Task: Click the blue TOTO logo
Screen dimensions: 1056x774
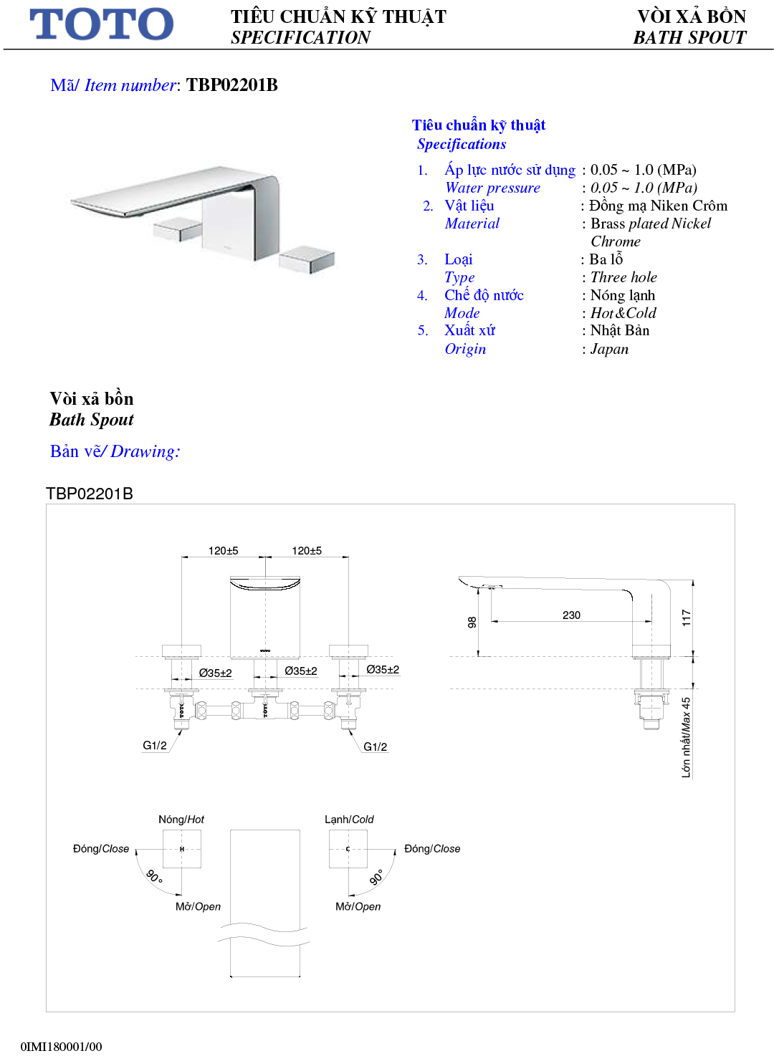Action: pos(101,24)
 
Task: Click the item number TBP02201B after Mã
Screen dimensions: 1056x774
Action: pos(231,85)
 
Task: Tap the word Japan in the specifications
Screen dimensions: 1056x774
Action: pos(609,349)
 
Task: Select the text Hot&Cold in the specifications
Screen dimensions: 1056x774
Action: pos(623,313)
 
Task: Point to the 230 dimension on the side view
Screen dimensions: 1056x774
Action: pos(571,615)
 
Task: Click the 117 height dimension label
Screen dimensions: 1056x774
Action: pos(686,618)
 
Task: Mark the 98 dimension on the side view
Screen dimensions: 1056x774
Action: pos(472,622)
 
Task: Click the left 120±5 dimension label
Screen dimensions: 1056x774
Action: pos(223,551)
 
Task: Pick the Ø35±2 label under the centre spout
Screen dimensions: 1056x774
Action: pos(300,671)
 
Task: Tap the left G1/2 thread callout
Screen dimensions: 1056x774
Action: pos(155,745)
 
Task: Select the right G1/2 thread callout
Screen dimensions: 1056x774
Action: pos(375,747)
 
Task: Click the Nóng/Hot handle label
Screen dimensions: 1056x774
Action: pos(181,820)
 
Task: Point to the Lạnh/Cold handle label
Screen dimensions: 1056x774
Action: pos(349,820)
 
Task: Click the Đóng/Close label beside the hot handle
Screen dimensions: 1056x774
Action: pos(101,849)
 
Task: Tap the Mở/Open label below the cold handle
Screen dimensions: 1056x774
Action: pos(358,906)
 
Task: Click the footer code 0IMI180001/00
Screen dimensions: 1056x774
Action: pos(61,1047)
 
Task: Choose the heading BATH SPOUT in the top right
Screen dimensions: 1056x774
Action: pos(689,38)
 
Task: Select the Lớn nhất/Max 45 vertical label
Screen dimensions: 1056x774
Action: pos(686,737)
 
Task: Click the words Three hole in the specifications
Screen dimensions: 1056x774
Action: pos(623,277)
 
